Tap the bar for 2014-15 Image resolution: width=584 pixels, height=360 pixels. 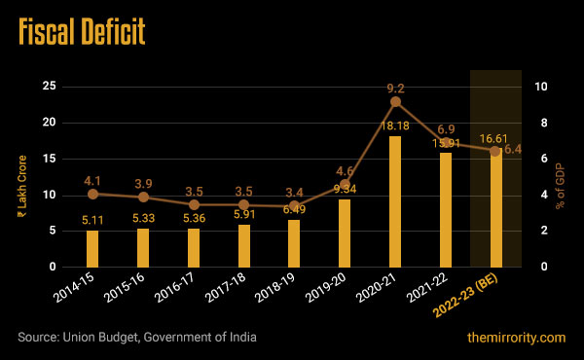point(92,248)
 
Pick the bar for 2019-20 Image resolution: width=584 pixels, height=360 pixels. point(345,233)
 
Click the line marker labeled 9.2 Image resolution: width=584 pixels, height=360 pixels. point(395,101)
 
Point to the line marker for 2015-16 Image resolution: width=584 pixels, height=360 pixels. point(143,197)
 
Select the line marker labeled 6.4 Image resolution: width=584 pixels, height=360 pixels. point(495,151)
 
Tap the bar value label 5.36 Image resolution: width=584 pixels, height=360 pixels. point(194,219)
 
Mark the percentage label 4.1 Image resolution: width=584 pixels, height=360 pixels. point(92,180)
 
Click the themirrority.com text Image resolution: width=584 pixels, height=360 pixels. point(516,337)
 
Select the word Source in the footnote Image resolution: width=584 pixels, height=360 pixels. point(38,337)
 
